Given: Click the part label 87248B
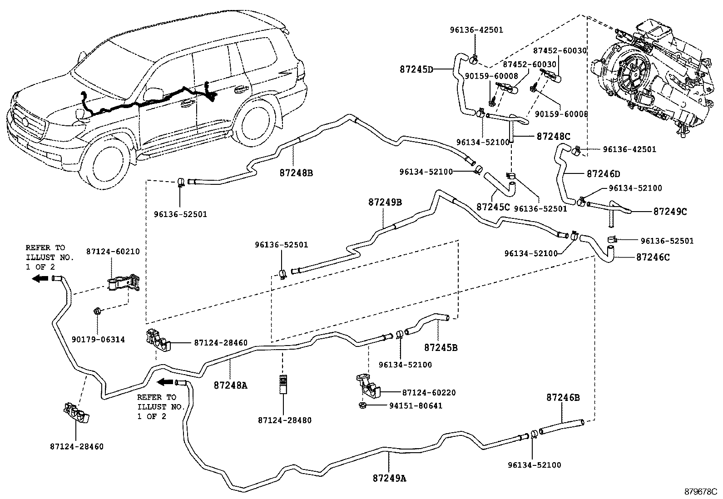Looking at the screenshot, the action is pos(296,173).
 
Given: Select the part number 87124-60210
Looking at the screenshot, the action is pos(113,252).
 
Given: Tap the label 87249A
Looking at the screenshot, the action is pos(389,478).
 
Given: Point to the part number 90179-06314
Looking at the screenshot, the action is pos(98,340).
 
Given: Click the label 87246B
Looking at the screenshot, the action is pos(563,397).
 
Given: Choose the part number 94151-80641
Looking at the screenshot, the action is pos(416,406).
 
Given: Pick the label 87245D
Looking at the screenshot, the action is pos(416,69).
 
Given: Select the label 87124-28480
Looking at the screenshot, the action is pos(285,420).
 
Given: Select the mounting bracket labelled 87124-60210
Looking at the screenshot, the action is pos(124,283).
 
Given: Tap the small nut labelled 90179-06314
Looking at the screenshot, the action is pos(97,311).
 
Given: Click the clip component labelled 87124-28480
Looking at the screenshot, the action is pos(283,385).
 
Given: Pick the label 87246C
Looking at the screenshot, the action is pos(653,257).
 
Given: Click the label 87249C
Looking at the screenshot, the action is pos(670,212).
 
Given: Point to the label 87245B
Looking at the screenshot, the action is pos(441,348).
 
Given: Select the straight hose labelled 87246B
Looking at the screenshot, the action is pos(562,427).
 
